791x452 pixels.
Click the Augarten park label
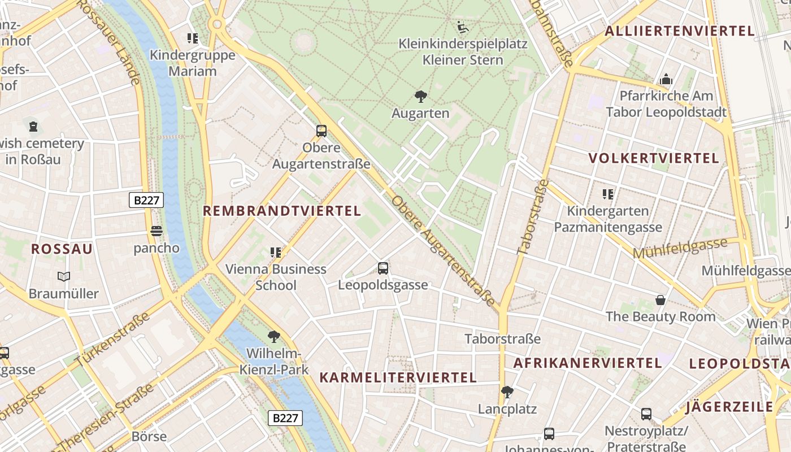420,113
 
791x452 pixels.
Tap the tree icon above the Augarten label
420,97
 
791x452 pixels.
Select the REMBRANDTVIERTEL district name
281,211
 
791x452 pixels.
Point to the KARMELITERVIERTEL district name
398,377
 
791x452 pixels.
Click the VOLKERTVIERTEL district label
654,158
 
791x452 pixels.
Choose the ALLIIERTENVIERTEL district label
680,31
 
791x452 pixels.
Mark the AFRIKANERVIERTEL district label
587,363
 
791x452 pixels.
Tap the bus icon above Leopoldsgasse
383,268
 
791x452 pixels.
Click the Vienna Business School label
276,277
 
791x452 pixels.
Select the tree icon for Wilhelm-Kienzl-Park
274,337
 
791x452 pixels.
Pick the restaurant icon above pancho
157,231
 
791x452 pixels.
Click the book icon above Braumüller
63,277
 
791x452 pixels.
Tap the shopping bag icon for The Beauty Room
660,300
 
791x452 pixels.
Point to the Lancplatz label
507,408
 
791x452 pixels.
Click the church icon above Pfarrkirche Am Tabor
666,79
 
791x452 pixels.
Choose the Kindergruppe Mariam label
192,63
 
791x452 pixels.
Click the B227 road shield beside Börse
285,418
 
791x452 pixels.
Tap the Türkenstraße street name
113,338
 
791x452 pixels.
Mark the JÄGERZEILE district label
729,407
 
